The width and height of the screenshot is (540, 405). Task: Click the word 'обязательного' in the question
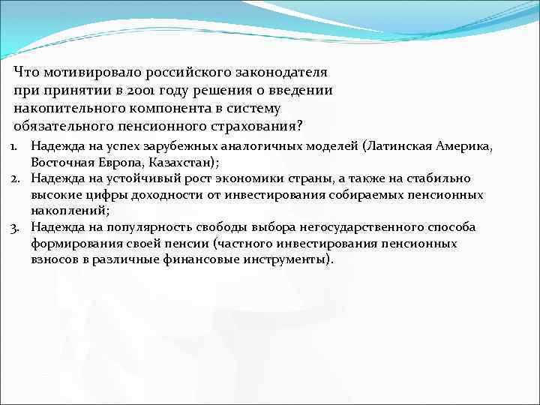[x=62, y=125]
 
